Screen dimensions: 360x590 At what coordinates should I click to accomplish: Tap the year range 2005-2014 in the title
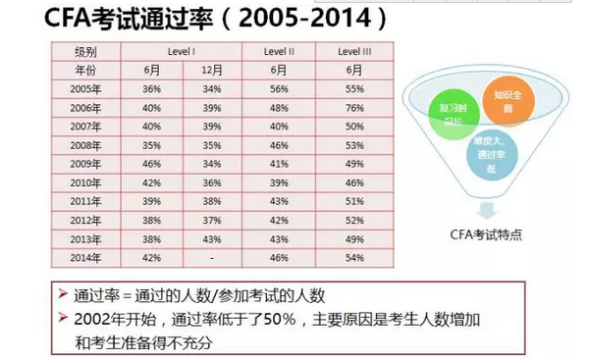pyautogui.click(x=295, y=19)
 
